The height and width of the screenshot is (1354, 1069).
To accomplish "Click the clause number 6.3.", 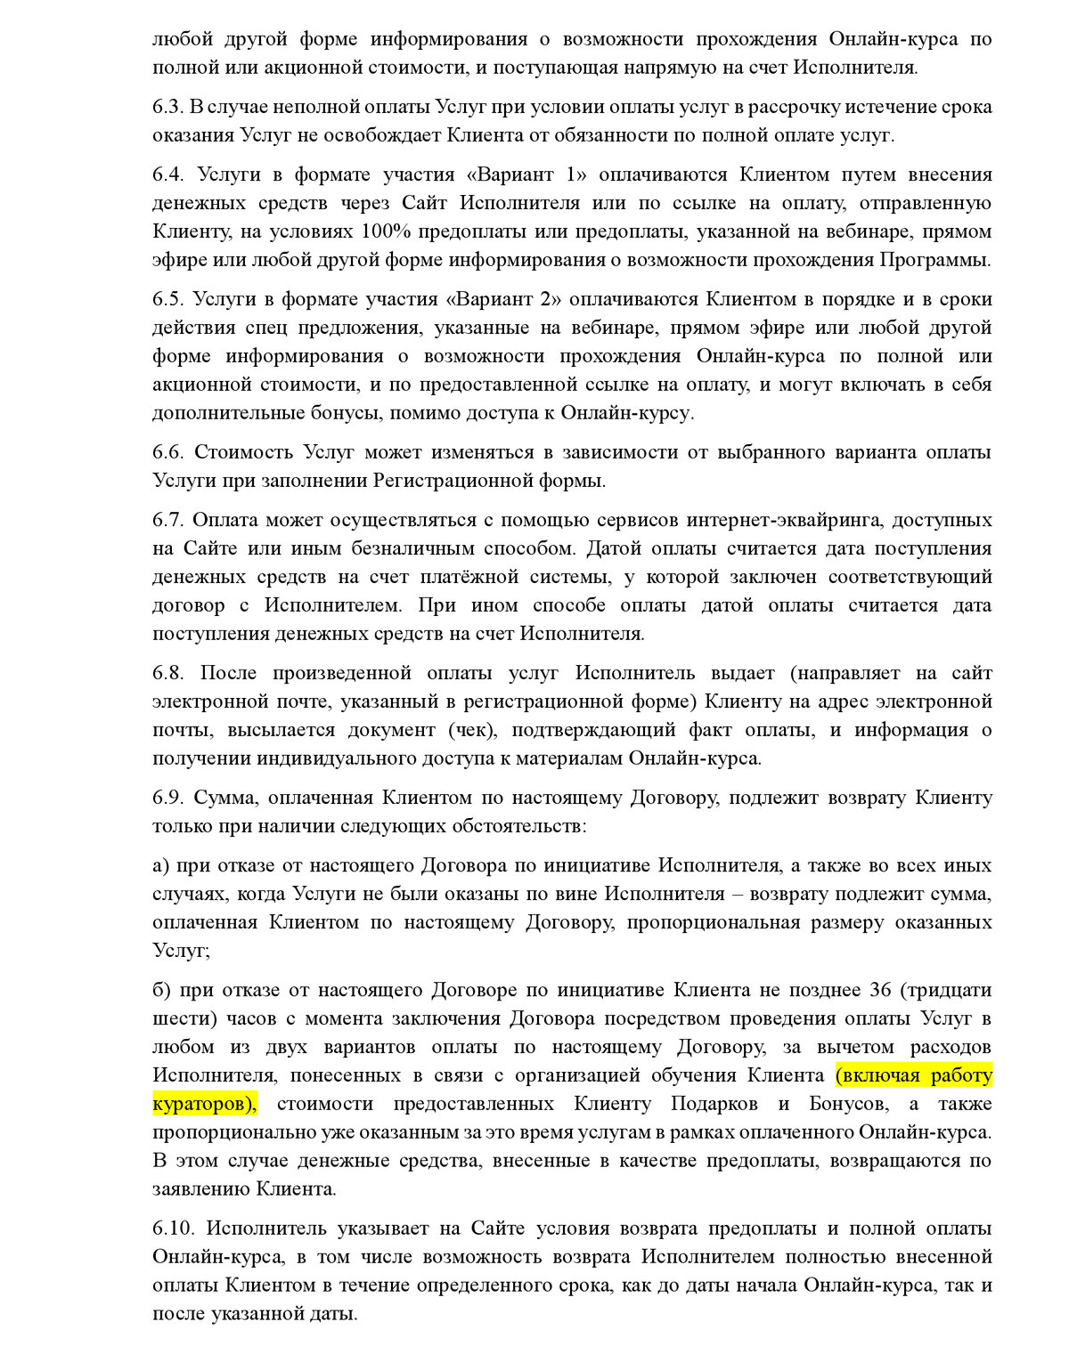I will click(167, 107).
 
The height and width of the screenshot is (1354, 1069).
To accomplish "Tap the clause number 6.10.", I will click(173, 1228).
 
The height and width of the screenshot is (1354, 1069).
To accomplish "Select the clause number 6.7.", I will click(167, 520).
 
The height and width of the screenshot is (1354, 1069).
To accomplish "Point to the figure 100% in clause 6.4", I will click(382, 231).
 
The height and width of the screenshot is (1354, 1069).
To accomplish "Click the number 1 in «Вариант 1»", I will click(572, 174).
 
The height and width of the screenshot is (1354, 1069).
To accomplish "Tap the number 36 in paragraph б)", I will click(880, 990).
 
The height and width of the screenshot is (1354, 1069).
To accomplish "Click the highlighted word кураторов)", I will click(204, 1104).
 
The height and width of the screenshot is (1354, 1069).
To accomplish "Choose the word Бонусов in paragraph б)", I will click(848, 1104).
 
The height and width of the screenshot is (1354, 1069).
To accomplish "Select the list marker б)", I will click(161, 990).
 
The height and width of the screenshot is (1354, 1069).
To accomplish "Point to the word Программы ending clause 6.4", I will click(935, 260).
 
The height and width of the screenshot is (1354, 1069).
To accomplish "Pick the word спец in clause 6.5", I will click(265, 328).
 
